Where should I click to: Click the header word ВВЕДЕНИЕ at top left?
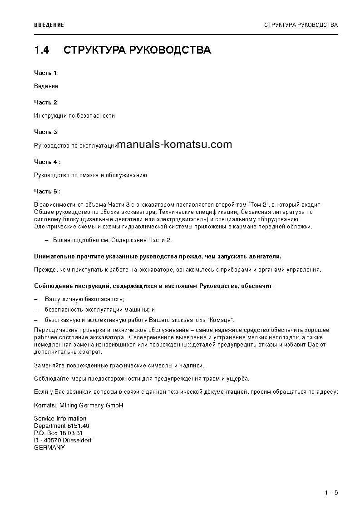(49, 25)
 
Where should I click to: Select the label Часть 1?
(46, 73)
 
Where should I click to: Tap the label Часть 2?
(46, 102)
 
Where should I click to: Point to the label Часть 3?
(46, 132)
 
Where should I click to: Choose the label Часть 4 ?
(47, 162)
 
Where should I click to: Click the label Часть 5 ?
(47, 192)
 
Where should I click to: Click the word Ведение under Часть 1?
(46, 86)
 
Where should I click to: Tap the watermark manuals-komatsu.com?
(174, 145)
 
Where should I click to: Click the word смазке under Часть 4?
(87, 175)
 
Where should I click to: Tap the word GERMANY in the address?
(49, 447)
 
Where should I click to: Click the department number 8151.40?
(78, 426)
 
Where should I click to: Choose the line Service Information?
(60, 419)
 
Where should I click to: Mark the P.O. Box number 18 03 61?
(71, 433)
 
